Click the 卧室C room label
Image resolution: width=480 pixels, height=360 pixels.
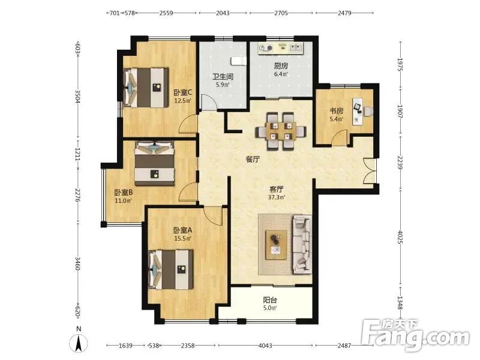click(x=183, y=92)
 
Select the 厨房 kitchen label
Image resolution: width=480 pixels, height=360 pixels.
click(x=281, y=66)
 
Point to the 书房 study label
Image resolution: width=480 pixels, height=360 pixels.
click(x=336, y=111)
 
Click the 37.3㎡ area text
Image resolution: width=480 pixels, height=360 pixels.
click(x=277, y=197)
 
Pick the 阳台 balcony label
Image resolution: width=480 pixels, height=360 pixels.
click(x=270, y=300)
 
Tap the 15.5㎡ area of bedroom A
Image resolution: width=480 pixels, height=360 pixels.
click(x=183, y=238)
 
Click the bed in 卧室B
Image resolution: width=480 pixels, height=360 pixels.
click(x=155, y=163)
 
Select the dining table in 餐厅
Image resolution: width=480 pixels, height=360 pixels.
click(x=281, y=131)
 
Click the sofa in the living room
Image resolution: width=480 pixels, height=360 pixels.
click(x=302, y=244)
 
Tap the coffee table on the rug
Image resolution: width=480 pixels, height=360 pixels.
click(x=276, y=245)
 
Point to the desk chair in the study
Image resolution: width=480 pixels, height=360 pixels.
click(x=368, y=111)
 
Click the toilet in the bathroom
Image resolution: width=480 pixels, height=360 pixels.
click(x=238, y=61)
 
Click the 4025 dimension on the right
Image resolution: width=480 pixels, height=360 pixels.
click(x=400, y=237)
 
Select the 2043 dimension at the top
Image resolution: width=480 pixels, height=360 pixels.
click(x=223, y=13)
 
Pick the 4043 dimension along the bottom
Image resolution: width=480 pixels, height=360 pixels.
click(x=265, y=346)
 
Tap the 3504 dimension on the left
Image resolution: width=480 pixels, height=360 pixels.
click(x=77, y=96)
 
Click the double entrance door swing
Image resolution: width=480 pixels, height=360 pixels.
click(x=369, y=171)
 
